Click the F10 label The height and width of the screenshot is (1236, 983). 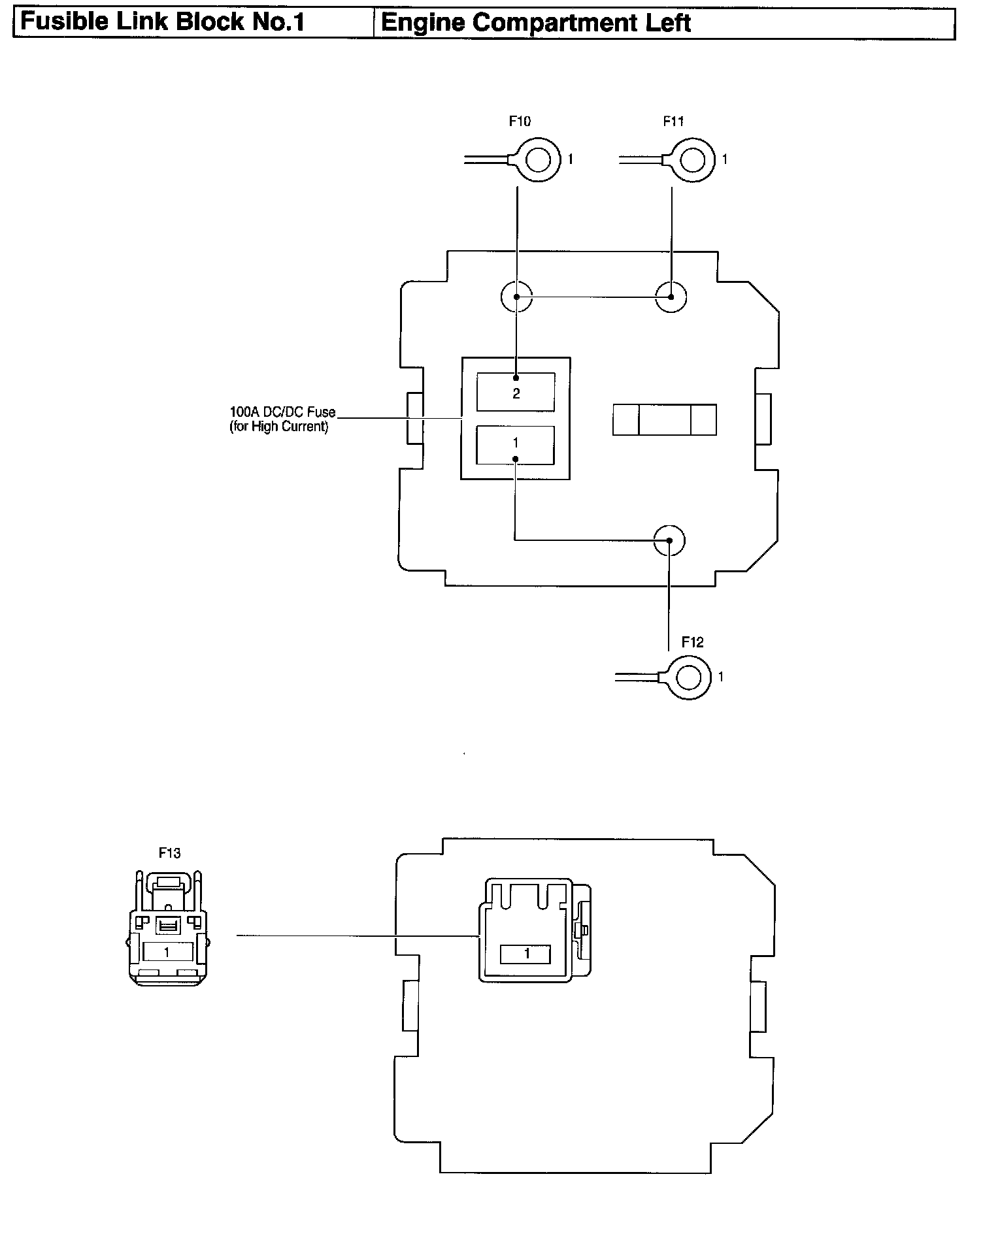pos(520,121)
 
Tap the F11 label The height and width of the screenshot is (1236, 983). pos(673,121)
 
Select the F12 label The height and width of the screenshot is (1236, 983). pos(692,642)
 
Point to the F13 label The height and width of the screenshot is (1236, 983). pos(169,853)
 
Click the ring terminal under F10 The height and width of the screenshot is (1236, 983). pos(537,159)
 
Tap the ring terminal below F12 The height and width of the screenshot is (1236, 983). pos(687,677)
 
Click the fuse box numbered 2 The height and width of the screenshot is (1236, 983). pos(516,392)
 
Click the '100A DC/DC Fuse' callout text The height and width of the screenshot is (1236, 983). pos(282,412)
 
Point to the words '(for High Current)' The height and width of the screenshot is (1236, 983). pos(278,427)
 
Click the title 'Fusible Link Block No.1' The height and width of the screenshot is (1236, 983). pos(163,22)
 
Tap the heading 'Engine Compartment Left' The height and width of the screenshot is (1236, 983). pos(535,22)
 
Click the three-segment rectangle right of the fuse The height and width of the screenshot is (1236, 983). pos(664,419)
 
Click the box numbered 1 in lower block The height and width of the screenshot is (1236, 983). pos(527,954)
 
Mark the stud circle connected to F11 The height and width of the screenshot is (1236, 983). pos(671,297)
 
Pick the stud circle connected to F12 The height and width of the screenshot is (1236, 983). pos(669,540)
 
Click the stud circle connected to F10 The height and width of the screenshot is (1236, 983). pos(516,297)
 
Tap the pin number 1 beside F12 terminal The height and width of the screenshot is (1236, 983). pos(721,677)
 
